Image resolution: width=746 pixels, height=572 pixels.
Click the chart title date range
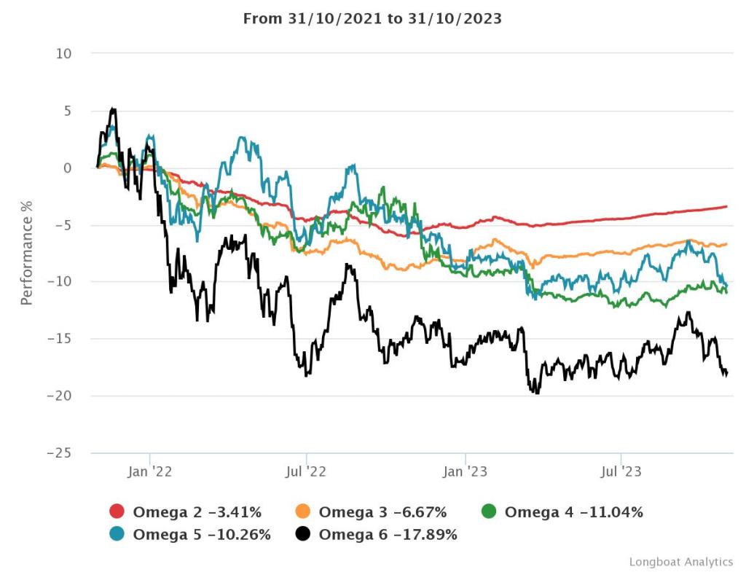372,19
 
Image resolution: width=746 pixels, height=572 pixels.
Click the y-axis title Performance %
27,254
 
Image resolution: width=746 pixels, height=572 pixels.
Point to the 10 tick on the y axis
65,54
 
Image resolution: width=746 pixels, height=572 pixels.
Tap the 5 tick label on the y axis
68,111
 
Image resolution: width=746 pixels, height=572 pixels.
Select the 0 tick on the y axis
68,168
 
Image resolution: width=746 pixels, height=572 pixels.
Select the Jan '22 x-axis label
149,472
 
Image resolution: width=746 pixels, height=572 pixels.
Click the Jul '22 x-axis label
306,472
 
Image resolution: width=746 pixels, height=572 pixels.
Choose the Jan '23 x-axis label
465,472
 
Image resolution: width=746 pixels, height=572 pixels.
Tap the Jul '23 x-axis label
621,472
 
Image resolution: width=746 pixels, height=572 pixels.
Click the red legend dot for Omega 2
117,512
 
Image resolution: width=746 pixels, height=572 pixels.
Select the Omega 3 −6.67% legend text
382,512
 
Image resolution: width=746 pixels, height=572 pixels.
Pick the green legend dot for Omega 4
490,512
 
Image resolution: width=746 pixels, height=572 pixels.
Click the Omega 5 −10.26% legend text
202,535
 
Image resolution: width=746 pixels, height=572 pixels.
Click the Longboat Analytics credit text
680,561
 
